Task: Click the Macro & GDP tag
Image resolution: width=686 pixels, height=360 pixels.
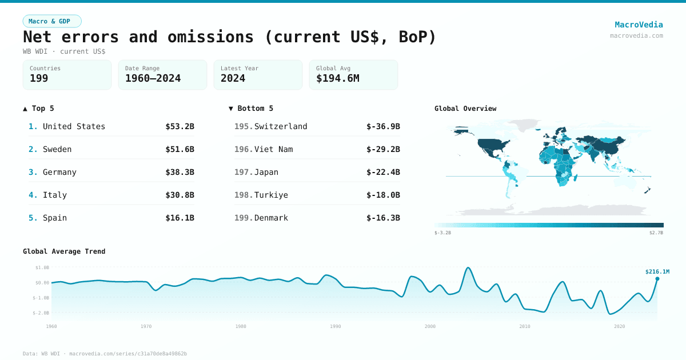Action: click(52, 21)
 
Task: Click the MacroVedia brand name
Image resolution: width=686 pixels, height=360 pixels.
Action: click(639, 25)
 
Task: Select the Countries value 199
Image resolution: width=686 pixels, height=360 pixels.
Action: click(39, 78)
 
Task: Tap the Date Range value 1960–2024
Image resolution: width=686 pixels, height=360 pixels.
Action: click(153, 78)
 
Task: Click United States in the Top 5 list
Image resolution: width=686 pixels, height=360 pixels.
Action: click(74, 126)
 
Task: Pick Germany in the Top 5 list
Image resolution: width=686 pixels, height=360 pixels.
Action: click(59, 172)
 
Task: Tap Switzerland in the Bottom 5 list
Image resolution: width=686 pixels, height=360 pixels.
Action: click(281, 126)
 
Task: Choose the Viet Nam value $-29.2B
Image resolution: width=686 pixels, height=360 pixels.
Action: click(383, 149)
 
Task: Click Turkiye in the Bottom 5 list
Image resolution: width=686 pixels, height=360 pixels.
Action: click(271, 195)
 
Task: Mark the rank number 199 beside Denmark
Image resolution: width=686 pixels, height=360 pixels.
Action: click(243, 218)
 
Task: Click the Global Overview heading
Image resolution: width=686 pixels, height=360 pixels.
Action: click(465, 109)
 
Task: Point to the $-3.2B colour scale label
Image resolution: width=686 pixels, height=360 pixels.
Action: click(443, 233)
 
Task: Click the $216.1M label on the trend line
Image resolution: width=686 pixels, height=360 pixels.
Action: click(657, 271)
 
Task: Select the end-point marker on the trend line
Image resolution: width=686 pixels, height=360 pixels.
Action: click(657, 279)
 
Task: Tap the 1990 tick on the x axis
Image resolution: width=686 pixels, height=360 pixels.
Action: click(335, 326)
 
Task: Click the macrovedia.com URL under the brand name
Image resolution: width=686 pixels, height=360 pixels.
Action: click(636, 35)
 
